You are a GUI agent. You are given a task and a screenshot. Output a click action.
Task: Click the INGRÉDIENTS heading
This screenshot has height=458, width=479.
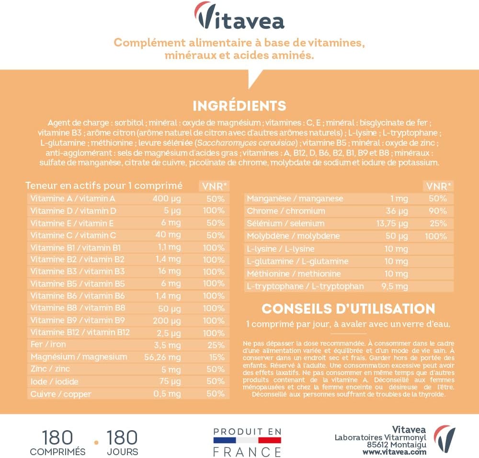coord(239,106)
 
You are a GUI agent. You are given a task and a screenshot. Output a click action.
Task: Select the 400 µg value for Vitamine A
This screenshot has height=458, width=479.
coord(167,199)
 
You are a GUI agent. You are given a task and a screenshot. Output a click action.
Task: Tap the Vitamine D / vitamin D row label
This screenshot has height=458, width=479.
coord(73,211)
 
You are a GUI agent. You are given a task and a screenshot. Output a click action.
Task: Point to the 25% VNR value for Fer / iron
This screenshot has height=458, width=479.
coord(216,345)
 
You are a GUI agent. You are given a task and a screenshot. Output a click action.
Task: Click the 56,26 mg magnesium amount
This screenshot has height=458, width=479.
coord(163,357)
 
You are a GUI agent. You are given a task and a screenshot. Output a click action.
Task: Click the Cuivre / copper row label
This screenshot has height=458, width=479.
coord(60,394)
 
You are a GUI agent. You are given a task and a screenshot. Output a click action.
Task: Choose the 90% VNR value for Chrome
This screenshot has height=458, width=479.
coord(438,211)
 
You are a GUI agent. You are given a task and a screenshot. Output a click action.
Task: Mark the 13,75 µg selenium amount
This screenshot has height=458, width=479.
coord(391,223)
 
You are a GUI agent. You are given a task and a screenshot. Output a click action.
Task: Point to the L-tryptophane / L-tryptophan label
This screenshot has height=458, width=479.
coord(305,286)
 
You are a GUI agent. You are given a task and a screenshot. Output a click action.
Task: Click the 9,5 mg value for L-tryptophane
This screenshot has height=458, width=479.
coord(395,286)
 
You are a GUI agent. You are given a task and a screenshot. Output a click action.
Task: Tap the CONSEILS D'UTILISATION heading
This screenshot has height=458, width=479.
coord(348,308)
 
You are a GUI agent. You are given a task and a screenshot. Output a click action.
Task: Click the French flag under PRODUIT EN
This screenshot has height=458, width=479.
coord(247,440)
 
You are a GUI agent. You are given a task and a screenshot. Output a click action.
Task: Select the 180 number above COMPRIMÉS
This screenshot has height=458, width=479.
coord(57,437)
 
